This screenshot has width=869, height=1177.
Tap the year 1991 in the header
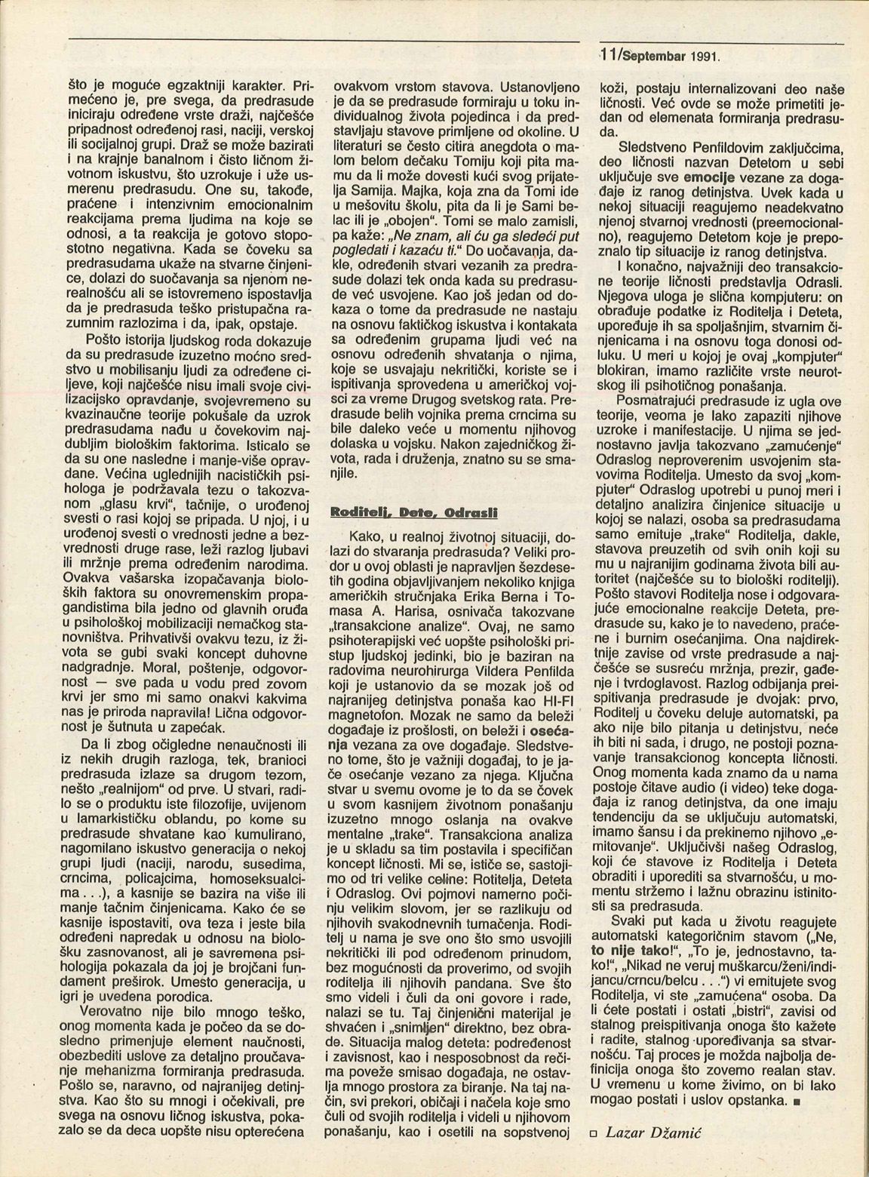[704, 57]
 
